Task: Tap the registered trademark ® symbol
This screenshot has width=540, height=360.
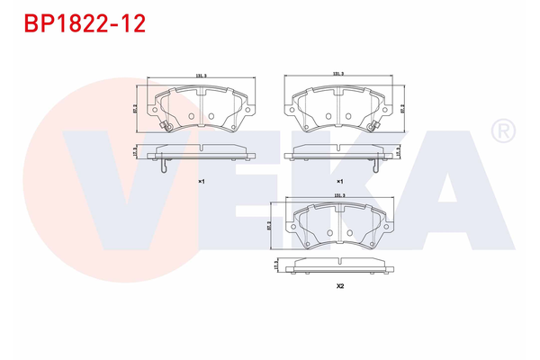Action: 500,132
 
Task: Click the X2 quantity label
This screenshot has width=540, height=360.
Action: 340,286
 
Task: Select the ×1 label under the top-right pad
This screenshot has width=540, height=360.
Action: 339,181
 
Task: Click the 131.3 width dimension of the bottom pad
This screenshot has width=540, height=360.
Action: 339,193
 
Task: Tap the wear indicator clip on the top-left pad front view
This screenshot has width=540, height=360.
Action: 165,126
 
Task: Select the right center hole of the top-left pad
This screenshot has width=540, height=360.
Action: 209,115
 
